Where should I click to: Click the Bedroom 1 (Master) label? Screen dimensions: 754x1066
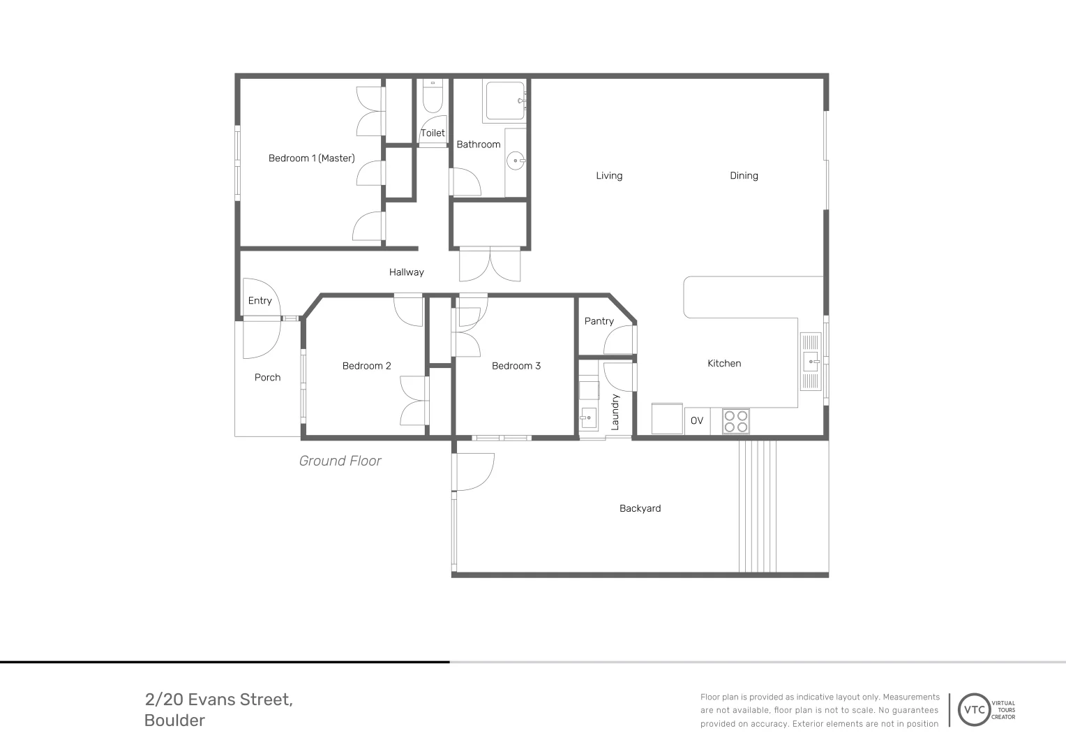pyautogui.click(x=311, y=158)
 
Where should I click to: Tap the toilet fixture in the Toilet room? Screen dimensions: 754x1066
pyautogui.click(x=433, y=98)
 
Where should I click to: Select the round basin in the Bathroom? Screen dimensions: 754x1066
pyautogui.click(x=516, y=161)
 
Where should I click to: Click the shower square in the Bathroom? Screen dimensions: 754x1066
pyautogui.click(x=504, y=101)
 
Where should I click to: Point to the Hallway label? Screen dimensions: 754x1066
pyautogui.click(x=406, y=272)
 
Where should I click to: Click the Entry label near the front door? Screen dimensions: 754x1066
pyautogui.click(x=260, y=301)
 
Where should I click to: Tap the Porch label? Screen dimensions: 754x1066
pyautogui.click(x=267, y=378)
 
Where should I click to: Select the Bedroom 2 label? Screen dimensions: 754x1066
pyautogui.click(x=366, y=366)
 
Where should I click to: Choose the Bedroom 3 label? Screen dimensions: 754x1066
pyautogui.click(x=516, y=366)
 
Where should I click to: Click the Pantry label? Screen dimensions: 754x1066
pyautogui.click(x=599, y=321)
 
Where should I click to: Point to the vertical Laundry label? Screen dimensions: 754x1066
pyautogui.click(x=615, y=411)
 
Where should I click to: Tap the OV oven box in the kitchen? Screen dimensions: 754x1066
pyautogui.click(x=697, y=421)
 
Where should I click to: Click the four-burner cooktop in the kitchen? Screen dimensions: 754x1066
pyautogui.click(x=735, y=421)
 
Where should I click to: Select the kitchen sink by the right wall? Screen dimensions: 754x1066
pyautogui.click(x=811, y=361)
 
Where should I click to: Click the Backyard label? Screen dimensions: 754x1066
pyautogui.click(x=640, y=508)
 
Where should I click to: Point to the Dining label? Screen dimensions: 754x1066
pyautogui.click(x=744, y=176)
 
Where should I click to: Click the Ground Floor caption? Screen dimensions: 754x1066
pyautogui.click(x=340, y=461)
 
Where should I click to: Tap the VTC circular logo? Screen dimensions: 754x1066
pyautogui.click(x=975, y=710)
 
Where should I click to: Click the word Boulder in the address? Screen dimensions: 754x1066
pyautogui.click(x=174, y=720)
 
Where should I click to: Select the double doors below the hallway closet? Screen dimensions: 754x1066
pyautogui.click(x=490, y=265)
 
